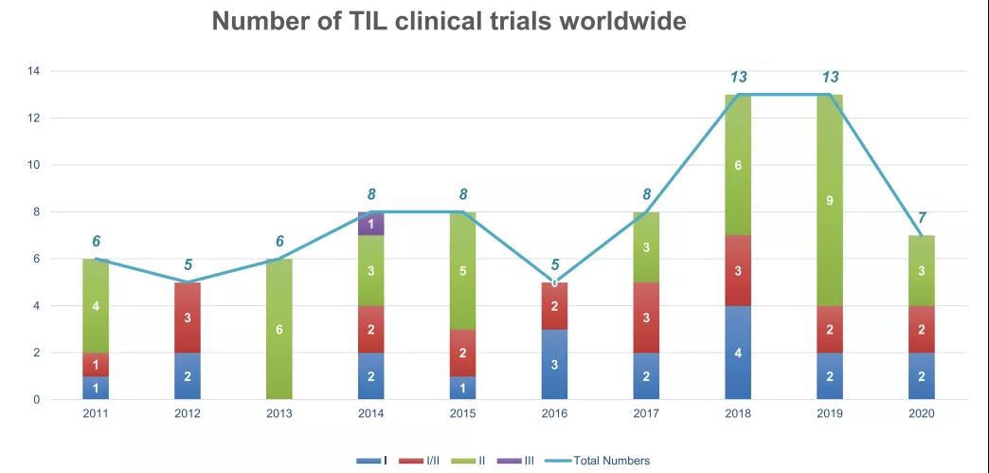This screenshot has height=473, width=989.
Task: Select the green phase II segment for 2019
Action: pos(829,200)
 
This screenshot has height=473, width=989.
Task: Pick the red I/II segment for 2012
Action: pos(188,318)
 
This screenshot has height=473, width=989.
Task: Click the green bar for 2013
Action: pos(279,329)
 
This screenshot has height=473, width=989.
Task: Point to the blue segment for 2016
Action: pos(554,364)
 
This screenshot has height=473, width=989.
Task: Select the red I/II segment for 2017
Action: pos(646,318)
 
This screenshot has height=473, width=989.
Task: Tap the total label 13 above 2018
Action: pos(738,78)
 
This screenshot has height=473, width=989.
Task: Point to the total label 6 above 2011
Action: pos(96,241)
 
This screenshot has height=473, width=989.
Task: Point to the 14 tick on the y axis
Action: pos(33,71)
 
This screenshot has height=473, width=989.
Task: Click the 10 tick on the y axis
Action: pos(33,165)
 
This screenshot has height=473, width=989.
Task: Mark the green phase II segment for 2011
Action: pos(96,306)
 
